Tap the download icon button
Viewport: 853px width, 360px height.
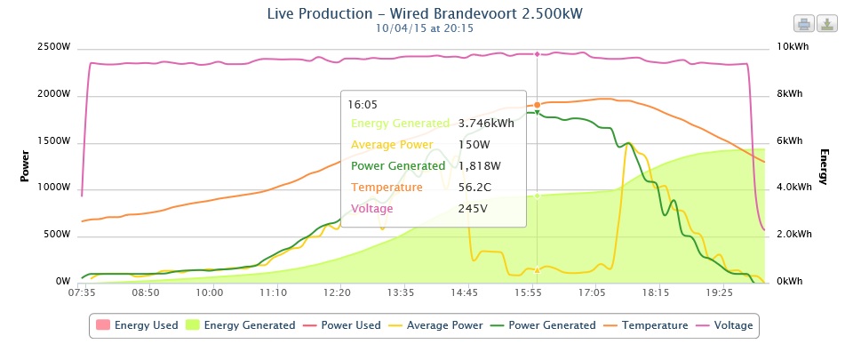coord(827,23)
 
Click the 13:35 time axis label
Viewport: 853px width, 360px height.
coord(401,292)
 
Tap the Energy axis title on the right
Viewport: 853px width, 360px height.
coord(824,166)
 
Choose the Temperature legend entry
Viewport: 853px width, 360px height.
coord(646,325)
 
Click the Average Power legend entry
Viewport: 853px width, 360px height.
coord(436,325)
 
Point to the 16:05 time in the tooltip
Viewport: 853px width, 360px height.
coord(362,104)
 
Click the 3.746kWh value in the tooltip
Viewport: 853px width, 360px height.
coord(486,124)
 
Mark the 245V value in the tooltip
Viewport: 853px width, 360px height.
coord(474,209)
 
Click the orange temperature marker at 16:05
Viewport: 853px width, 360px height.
coord(537,105)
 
